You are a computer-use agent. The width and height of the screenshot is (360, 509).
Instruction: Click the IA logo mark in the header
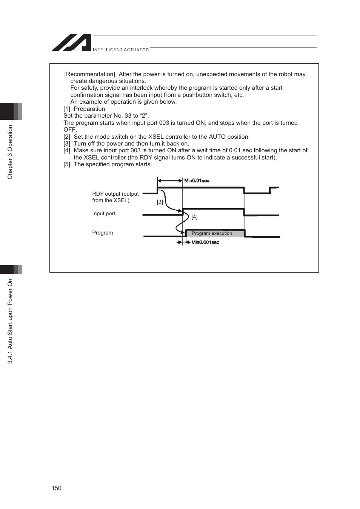72,43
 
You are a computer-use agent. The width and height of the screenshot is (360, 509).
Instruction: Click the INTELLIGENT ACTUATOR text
121,50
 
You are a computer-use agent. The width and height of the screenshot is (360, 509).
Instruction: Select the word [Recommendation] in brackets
89,74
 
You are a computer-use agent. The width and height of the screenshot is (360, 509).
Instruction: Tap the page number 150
56,488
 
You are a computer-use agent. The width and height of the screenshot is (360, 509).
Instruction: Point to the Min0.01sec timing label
197,181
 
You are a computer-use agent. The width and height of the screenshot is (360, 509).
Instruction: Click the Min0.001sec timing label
205,242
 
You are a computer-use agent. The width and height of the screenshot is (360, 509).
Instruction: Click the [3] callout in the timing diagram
160,202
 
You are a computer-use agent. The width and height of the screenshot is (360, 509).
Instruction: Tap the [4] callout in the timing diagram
194,217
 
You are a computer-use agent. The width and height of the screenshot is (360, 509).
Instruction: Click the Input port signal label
104,213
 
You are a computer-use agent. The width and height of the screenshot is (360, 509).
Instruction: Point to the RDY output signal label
115,197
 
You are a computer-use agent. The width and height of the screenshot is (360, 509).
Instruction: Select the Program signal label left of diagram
103,233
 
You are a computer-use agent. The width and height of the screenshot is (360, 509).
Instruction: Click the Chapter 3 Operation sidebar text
10,152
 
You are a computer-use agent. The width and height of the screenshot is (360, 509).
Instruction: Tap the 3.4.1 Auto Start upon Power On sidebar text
10,321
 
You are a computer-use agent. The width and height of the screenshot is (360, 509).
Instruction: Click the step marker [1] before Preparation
67,109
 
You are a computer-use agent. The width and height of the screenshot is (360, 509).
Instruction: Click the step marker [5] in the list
67,164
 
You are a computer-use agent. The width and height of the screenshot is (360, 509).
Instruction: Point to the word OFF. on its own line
70,130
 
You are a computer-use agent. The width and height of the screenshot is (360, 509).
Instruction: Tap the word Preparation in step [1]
89,109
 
